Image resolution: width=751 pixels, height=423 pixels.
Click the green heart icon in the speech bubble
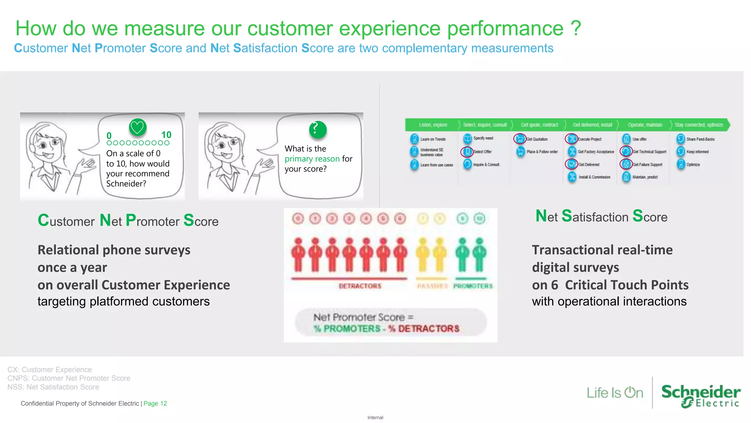pyautogui.click(x=138, y=127)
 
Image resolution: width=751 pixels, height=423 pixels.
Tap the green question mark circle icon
pyautogui.click(x=318, y=129)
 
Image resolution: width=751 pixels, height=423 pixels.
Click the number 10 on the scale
pyautogui.click(x=166, y=135)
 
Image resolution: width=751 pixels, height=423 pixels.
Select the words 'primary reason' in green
pyautogui.click(x=312, y=159)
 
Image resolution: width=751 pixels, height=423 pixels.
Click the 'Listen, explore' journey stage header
pyautogui.click(x=433, y=125)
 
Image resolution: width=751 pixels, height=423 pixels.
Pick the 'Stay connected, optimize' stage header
pyautogui.click(x=699, y=125)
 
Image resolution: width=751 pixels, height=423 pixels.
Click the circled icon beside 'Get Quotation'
pyautogui.click(x=520, y=139)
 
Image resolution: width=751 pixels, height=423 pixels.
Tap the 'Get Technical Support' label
pyautogui.click(x=649, y=152)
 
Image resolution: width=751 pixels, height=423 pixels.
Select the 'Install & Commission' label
pyautogui.click(x=594, y=177)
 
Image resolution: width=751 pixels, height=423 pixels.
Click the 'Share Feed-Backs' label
pyautogui.click(x=700, y=139)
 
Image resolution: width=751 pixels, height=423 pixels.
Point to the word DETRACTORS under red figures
pyautogui.click(x=360, y=286)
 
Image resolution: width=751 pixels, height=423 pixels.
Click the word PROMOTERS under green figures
pyautogui.click(x=473, y=286)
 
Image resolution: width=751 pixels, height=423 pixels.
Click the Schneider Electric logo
pyautogui.click(x=700, y=395)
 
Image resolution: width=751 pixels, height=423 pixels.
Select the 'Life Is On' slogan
pyautogui.click(x=615, y=393)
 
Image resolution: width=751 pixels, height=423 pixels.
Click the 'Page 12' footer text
pyautogui.click(x=155, y=403)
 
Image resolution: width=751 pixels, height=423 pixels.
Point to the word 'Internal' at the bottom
pyautogui.click(x=375, y=417)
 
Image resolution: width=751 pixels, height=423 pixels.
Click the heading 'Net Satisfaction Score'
pyautogui.click(x=601, y=217)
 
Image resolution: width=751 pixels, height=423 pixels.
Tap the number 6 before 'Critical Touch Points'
pyautogui.click(x=554, y=285)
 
